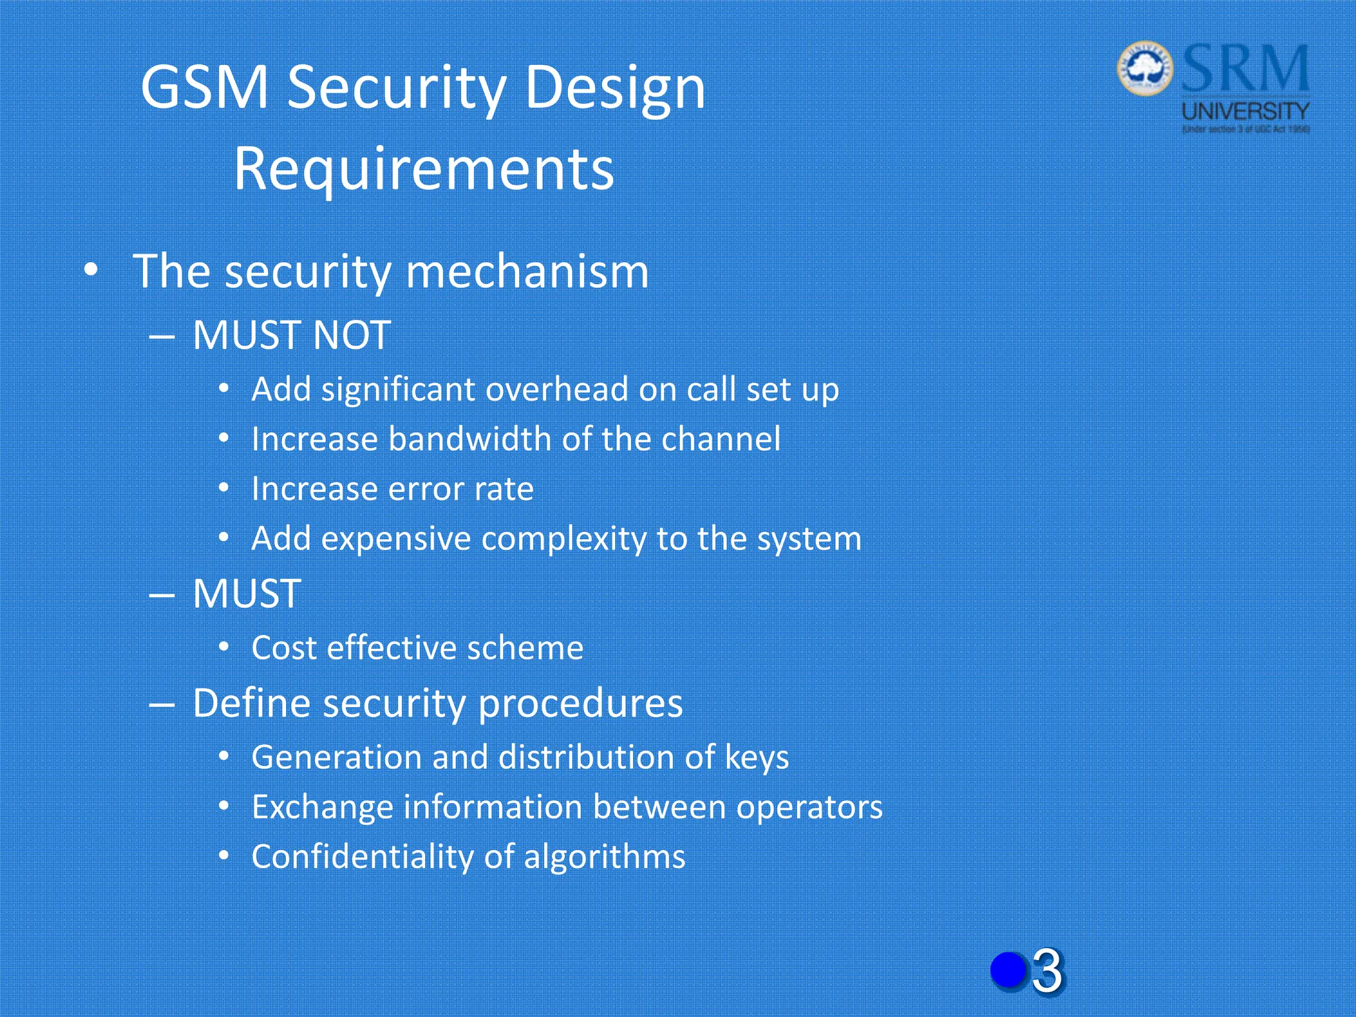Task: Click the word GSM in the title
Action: pos(205,87)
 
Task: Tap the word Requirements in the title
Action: pos(424,169)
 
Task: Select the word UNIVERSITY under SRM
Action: pos(1245,111)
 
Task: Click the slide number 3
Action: pos(1047,971)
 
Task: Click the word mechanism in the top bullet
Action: pos(526,271)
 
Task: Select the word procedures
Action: pos(580,703)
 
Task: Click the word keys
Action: pos(757,757)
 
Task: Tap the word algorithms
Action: pos(604,857)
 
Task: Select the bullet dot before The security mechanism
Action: pos(91,271)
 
